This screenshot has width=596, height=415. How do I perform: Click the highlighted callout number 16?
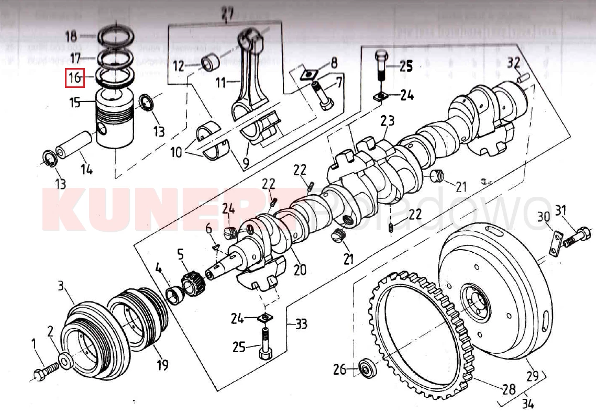[74, 78]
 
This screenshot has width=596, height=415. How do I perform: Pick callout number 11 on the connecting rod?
[220, 83]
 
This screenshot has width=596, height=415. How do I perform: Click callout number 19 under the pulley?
[163, 364]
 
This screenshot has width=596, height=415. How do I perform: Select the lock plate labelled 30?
[555, 243]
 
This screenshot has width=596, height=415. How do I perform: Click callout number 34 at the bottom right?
[528, 404]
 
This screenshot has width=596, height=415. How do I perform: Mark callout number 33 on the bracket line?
[301, 324]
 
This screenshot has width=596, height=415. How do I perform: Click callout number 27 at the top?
[226, 16]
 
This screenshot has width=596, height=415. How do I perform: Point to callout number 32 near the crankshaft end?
[514, 63]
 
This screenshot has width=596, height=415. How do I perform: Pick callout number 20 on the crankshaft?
[300, 270]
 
